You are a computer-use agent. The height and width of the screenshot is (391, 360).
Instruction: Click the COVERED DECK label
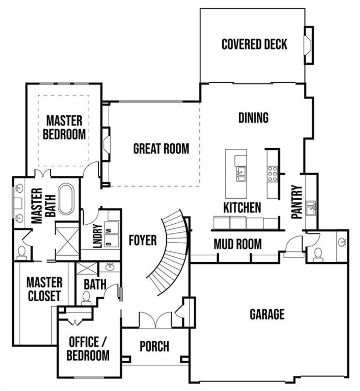pos(254,44)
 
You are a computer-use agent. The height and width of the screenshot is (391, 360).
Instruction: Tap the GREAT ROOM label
pos(161,148)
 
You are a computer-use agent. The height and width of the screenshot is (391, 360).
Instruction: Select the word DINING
pos(253,118)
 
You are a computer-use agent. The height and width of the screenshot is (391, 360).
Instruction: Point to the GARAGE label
pos(267,314)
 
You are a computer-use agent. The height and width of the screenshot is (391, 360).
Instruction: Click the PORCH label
pos(154,346)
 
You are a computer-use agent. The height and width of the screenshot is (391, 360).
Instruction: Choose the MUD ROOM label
pos(238,244)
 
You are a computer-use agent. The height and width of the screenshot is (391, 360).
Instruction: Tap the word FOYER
pos(142,241)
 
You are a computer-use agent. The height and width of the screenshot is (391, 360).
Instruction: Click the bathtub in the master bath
pos(66,199)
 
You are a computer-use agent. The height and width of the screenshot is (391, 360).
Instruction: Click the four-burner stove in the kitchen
pos(272,174)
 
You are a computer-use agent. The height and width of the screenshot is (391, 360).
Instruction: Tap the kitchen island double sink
pos(241,174)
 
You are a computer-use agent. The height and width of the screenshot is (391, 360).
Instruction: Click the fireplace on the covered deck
pos(308,45)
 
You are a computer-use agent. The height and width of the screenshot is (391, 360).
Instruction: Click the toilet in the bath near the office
pos(86,298)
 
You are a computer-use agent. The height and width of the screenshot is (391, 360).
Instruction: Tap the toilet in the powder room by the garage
pos(318,255)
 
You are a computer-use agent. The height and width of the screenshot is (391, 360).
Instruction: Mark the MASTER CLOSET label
pos(45,289)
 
